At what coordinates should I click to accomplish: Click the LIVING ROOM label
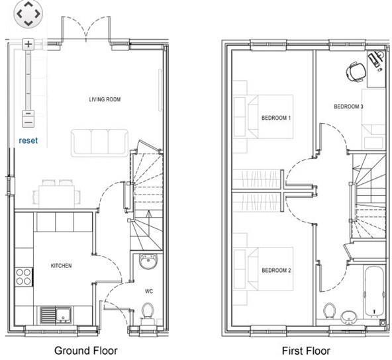105,99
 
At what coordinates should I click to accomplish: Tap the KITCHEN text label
61,265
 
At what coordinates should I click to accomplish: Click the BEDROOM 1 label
276,118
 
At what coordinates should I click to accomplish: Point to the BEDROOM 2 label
276,271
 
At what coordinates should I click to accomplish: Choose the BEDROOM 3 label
348,107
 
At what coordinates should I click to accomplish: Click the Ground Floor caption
86,351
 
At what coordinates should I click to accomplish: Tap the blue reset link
28,140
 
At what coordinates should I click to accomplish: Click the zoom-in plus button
28,44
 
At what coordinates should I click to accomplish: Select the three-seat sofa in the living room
100,141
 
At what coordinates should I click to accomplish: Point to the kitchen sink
50,313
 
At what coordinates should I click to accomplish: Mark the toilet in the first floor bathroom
329,310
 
